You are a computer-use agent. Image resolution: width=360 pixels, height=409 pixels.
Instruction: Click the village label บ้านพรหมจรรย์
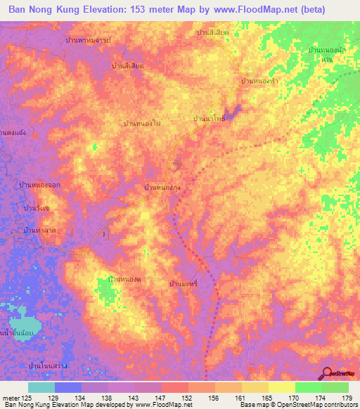tap(102, 40)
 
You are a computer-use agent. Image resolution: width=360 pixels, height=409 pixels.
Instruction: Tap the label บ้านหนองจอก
tap(38, 186)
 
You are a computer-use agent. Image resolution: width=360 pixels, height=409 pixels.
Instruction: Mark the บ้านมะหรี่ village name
tap(186, 282)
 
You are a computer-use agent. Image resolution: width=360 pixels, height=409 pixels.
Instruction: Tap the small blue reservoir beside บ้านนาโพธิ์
tap(234, 110)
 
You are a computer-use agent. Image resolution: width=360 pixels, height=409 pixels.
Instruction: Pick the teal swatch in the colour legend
tap(41, 387)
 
